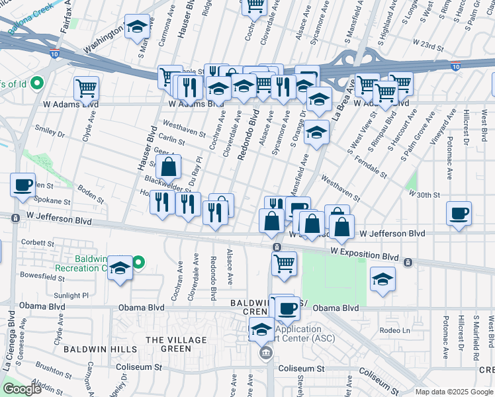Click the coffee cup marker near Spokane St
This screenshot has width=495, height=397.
pos(23,185)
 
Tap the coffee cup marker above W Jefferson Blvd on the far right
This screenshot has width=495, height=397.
pos(459,214)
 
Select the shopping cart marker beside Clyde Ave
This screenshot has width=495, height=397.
pos(86,87)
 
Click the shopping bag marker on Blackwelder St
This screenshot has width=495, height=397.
pos(169,167)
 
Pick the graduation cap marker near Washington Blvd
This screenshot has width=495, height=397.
pos(138,27)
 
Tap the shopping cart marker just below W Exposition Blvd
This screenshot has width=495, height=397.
pos(284,263)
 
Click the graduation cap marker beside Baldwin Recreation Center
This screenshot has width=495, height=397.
pos(120,268)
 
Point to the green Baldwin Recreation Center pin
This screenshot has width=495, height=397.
pos(137,263)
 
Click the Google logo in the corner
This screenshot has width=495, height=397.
pos(22,389)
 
